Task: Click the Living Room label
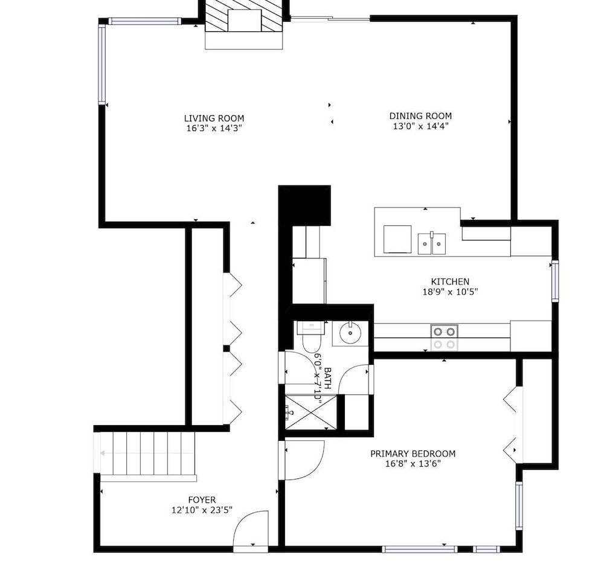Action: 214,118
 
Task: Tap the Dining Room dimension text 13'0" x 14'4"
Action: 420,126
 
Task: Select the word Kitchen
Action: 450,281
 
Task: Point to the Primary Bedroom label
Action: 413,454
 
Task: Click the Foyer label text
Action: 202,500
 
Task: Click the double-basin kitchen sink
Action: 432,243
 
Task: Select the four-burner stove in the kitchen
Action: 444,338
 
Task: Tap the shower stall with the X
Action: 312,412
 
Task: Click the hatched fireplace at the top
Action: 244,16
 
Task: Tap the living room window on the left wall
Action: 101,64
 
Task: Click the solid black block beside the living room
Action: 304,205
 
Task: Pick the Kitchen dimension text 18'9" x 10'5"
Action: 450,292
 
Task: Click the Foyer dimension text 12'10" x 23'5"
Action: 202,510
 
